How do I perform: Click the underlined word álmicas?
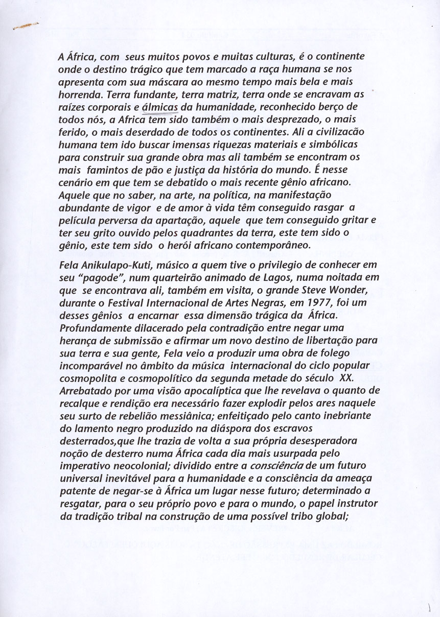(160, 107)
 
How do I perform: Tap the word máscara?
(155, 82)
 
